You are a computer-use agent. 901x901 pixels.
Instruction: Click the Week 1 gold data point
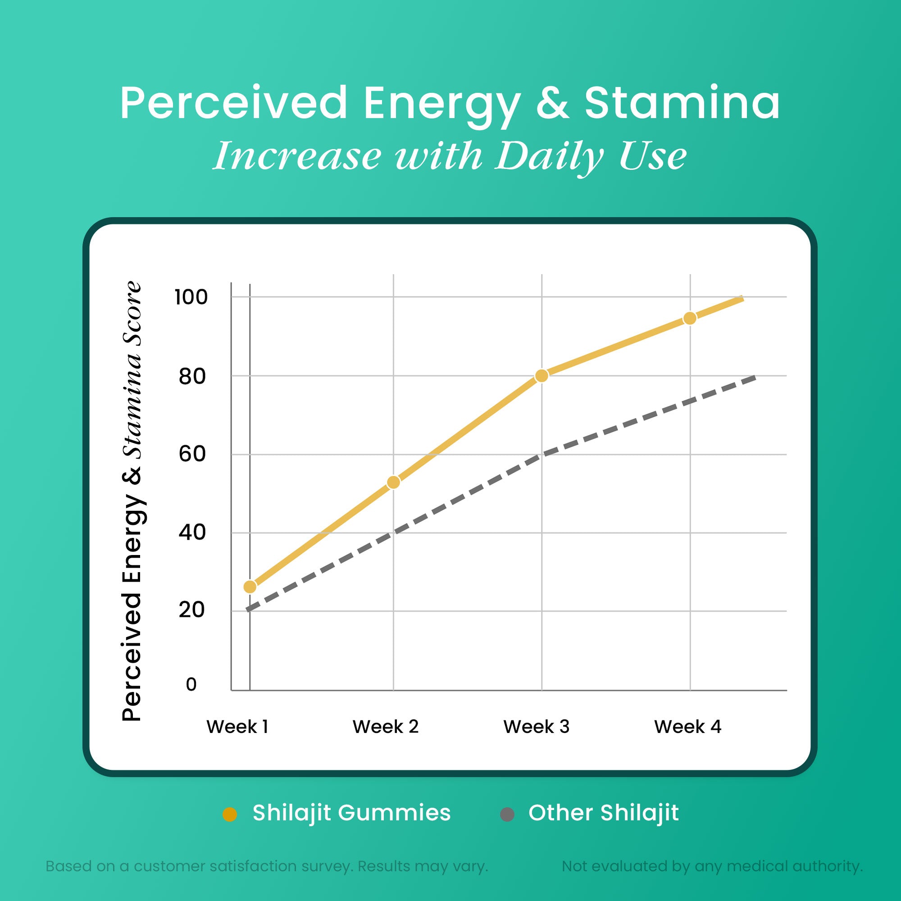(250, 587)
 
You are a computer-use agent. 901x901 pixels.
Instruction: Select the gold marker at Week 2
(394, 482)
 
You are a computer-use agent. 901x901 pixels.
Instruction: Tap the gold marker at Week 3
(542, 376)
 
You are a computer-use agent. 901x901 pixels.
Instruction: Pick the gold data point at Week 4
(690, 319)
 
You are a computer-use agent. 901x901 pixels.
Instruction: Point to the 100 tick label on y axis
(191, 297)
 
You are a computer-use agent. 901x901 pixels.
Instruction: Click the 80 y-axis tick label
(191, 376)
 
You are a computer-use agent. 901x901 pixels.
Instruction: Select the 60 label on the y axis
(191, 454)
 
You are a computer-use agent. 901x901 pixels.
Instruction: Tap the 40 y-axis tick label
(191, 532)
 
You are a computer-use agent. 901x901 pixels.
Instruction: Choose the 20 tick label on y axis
(191, 610)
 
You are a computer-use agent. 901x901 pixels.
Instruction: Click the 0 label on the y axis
(191, 685)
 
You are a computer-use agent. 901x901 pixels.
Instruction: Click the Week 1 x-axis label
(237, 727)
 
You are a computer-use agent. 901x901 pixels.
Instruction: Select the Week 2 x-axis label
(386, 727)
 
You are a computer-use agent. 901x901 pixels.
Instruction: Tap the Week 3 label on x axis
(536, 727)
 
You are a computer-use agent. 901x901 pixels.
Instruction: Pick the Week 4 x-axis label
(687, 727)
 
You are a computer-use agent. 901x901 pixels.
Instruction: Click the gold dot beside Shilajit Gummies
(230, 814)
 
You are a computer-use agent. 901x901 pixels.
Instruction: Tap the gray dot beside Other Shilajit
(507, 814)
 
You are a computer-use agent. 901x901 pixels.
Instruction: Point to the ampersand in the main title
(552, 104)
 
